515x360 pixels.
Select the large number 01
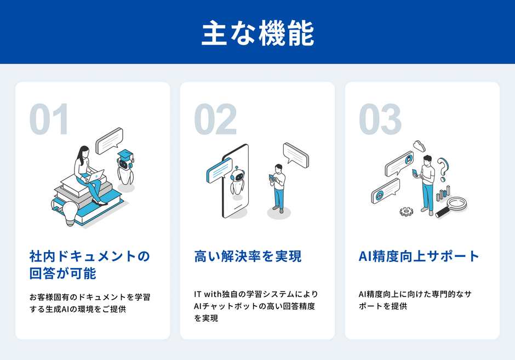click(49, 119)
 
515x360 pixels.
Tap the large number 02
click(215, 119)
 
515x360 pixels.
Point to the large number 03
click(380, 119)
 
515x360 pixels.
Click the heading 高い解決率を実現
click(248, 256)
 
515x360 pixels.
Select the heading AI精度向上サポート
click(419, 256)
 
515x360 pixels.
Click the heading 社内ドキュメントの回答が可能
click(89, 265)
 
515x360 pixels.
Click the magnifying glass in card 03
click(453, 206)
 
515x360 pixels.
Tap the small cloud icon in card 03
click(420, 145)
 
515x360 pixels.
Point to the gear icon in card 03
click(406, 211)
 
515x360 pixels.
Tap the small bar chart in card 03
click(442, 193)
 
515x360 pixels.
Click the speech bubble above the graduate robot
click(109, 140)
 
